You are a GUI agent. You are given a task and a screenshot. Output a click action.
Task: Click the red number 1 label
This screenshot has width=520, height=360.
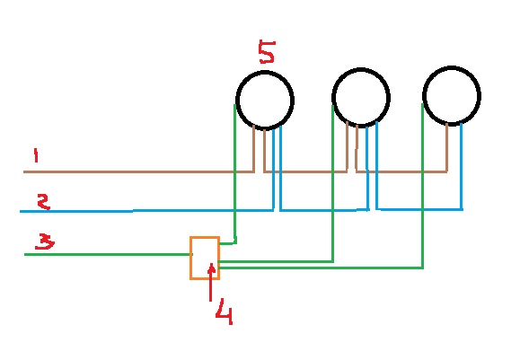(36, 155)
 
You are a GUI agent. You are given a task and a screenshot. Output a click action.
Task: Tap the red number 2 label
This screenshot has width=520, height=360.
(43, 201)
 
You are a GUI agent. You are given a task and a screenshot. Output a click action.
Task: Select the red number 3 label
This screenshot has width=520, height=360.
(45, 241)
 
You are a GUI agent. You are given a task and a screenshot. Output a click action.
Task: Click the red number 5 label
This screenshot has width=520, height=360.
(267, 52)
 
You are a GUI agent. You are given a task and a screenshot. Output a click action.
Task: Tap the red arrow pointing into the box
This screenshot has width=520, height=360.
(211, 282)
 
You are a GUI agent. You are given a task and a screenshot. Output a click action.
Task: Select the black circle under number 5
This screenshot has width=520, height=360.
(236, 100)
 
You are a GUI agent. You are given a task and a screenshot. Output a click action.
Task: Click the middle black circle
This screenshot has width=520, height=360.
(332, 98)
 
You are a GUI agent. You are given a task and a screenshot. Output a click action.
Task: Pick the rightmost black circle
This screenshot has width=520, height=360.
(423, 95)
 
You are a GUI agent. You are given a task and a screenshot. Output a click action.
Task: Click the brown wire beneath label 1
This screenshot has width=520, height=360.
(138, 171)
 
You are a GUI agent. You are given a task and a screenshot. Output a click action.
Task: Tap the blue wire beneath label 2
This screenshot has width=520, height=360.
(145, 210)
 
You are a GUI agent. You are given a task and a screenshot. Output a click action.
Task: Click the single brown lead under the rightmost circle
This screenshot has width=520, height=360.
(446, 147)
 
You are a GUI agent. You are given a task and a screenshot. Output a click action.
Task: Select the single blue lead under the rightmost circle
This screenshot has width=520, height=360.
(462, 166)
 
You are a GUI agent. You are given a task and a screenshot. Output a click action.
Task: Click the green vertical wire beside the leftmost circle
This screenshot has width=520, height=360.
(234, 172)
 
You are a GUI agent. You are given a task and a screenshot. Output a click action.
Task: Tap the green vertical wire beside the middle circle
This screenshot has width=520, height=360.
(332, 183)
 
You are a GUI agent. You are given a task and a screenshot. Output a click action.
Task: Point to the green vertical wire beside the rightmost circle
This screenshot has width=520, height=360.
(422, 186)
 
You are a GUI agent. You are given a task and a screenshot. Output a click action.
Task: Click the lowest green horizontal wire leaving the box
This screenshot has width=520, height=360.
(321, 268)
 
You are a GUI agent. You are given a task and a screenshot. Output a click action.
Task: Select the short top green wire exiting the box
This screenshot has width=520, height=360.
(227, 243)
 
